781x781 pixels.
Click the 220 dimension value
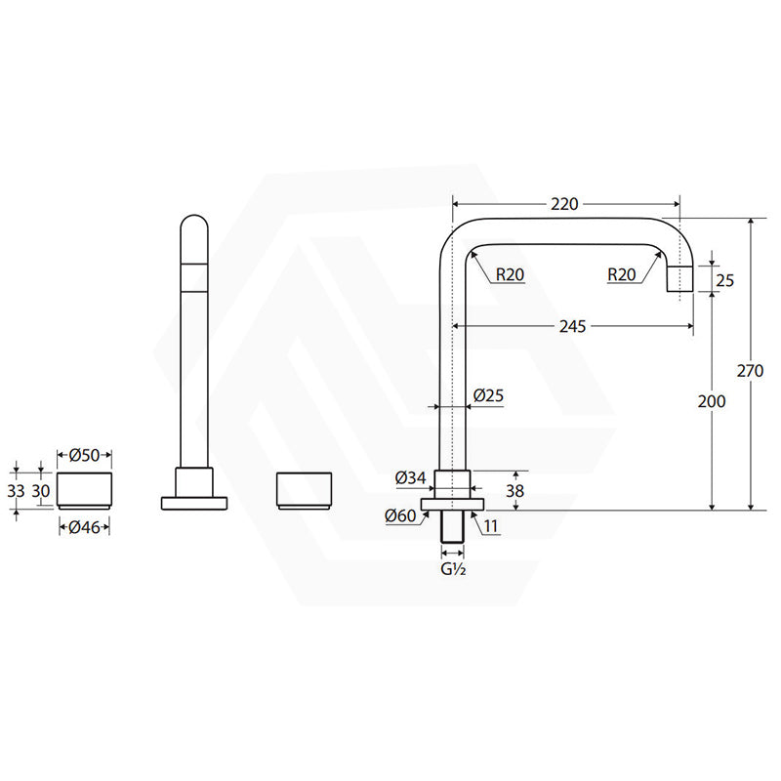pyautogui.click(x=564, y=204)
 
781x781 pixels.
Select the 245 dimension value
pyautogui.click(x=572, y=327)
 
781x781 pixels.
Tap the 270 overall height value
pyautogui.click(x=750, y=371)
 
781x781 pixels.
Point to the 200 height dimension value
pyautogui.click(x=712, y=401)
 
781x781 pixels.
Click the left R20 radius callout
pyautogui.click(x=510, y=274)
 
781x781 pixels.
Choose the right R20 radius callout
pyautogui.click(x=622, y=274)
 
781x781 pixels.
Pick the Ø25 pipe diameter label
pyautogui.click(x=488, y=395)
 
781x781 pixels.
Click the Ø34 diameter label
pyautogui.click(x=410, y=478)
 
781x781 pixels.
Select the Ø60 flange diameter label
pyautogui.click(x=400, y=515)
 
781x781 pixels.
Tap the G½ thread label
pyautogui.click(x=453, y=569)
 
